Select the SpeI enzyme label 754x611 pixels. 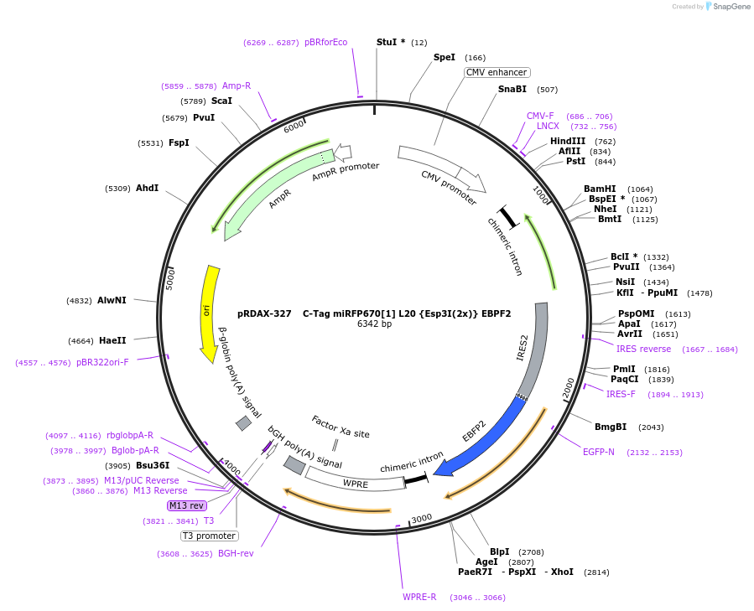444,58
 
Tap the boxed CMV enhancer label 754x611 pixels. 497,72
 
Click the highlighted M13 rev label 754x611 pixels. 186,505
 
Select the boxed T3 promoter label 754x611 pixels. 209,536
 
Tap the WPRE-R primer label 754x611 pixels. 419,597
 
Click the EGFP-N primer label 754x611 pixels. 598,452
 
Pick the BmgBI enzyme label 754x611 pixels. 610,427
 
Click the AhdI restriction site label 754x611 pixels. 147,189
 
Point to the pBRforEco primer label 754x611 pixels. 325,42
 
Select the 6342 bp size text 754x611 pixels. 374,324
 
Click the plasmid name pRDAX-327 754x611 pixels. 264,313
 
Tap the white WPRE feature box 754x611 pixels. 355,481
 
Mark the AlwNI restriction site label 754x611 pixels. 112,300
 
